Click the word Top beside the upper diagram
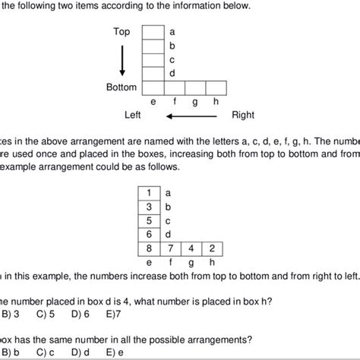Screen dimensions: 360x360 [122, 32]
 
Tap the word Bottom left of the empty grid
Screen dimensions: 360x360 [122, 87]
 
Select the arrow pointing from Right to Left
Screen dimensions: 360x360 [193, 116]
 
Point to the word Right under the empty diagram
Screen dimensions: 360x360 [243, 115]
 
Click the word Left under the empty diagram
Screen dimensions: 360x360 [134, 115]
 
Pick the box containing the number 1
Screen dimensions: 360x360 [149, 194]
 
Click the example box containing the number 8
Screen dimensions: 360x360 [149, 248]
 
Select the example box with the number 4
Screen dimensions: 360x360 [192, 248]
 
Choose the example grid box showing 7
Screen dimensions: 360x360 [171, 248]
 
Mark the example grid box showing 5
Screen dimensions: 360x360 [149, 220]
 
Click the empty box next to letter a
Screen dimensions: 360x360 [154, 32]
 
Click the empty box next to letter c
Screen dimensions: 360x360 [154, 59]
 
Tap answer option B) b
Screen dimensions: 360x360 [11, 353]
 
